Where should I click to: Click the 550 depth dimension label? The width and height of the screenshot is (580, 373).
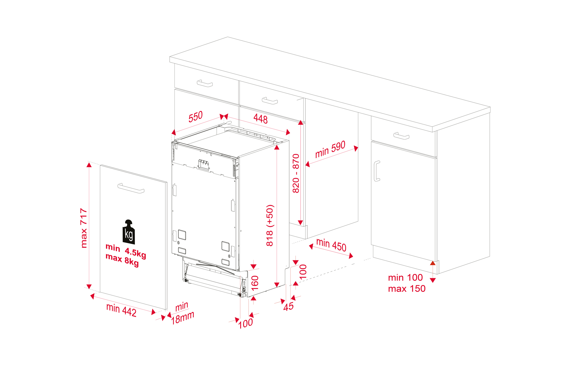(195, 117)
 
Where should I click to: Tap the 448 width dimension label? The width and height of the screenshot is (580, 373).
(261, 119)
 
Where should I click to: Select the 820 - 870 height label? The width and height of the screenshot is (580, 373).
(296, 173)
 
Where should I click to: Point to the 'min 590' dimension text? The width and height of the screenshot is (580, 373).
(330, 149)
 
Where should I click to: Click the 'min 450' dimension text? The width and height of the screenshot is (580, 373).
(331, 245)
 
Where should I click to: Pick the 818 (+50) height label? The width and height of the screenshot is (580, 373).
(270, 225)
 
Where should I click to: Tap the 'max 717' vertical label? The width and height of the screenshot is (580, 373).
(84, 228)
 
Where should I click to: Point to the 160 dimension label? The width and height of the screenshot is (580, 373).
(255, 283)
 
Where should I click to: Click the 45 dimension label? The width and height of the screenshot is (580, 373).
(288, 306)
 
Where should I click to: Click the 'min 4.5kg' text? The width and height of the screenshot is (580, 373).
(126, 250)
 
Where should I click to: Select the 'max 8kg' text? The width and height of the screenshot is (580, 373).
(122, 260)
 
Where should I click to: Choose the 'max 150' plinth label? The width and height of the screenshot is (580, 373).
(407, 289)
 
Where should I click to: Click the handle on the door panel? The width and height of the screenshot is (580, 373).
(131, 188)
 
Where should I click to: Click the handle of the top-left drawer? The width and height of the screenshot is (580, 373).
(204, 83)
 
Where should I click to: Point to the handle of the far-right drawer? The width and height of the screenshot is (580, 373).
(401, 136)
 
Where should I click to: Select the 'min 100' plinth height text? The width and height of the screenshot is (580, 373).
(405, 278)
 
